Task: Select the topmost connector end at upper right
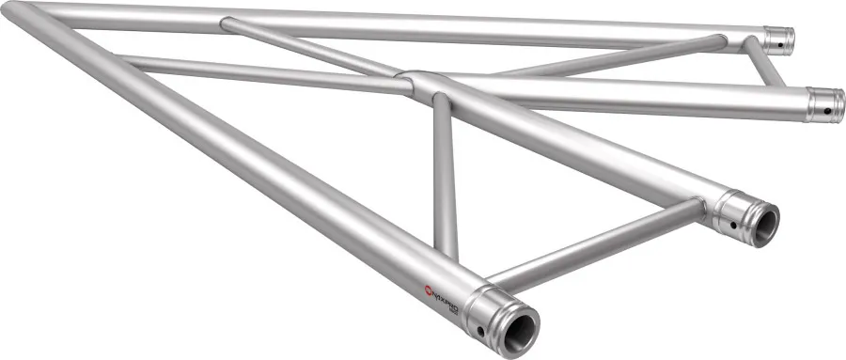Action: (779, 40)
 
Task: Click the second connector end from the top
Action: (826, 102)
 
